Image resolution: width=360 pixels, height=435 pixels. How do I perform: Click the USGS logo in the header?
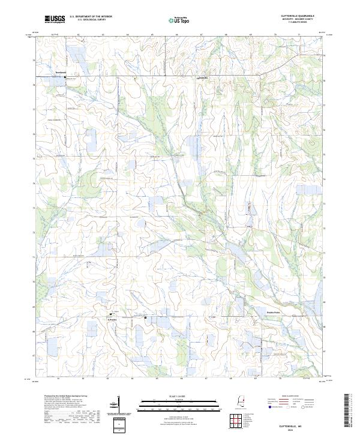point(53,19)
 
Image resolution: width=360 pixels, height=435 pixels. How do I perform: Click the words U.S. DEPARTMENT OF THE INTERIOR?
point(91,17)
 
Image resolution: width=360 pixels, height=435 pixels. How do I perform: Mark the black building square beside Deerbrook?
point(66,79)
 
